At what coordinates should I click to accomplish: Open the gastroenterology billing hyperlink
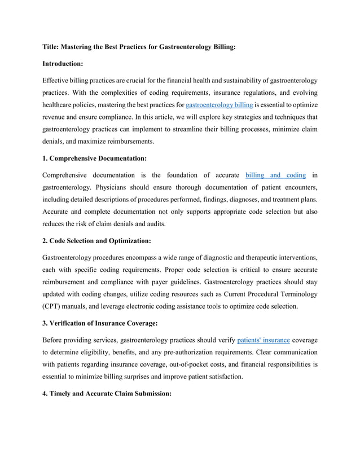[x=219, y=105]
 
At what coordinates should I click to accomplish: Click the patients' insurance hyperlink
[x=264, y=341]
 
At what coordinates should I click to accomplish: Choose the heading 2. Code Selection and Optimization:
[x=96, y=241]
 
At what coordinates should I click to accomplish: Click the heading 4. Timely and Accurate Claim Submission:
[x=107, y=394]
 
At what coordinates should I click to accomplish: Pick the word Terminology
[x=296, y=294]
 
